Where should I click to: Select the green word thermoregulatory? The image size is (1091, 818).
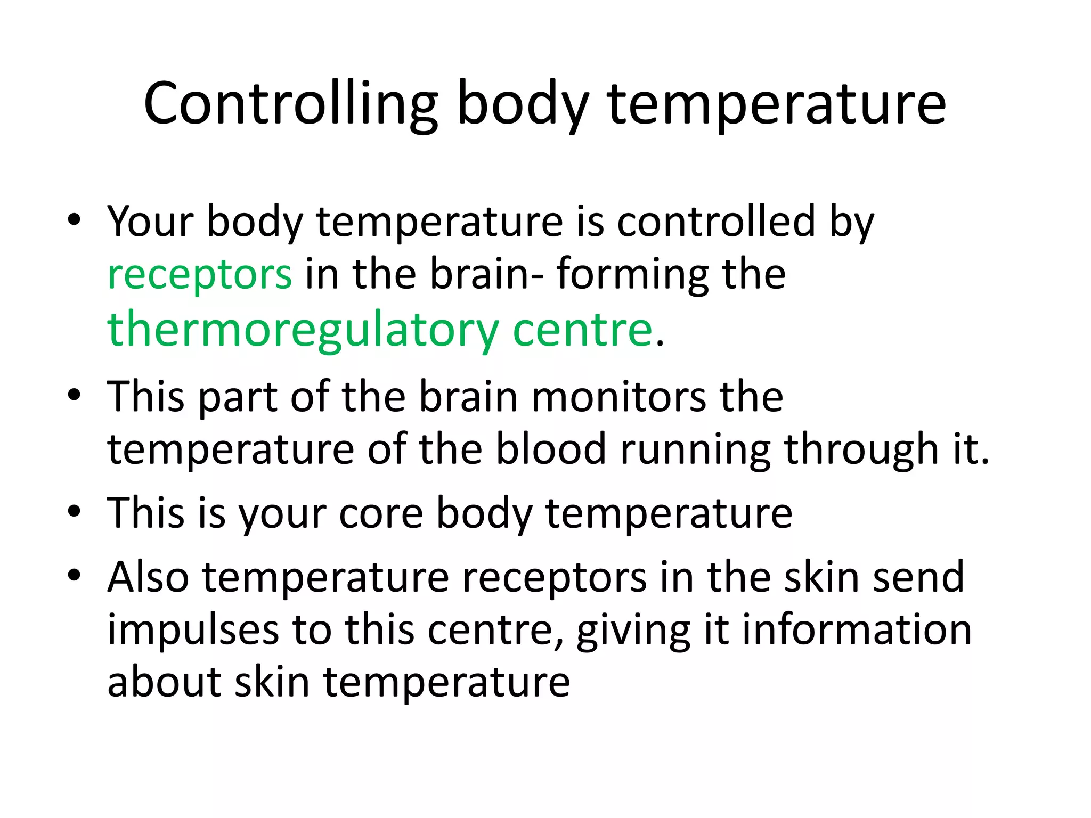pyautogui.click(x=303, y=330)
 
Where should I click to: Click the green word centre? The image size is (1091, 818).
pyautogui.click(x=582, y=330)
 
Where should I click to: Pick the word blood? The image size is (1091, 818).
pyautogui.click(x=551, y=449)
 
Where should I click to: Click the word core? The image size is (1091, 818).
pyautogui.click(x=380, y=513)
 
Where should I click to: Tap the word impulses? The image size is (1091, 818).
pyautogui.click(x=193, y=629)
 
